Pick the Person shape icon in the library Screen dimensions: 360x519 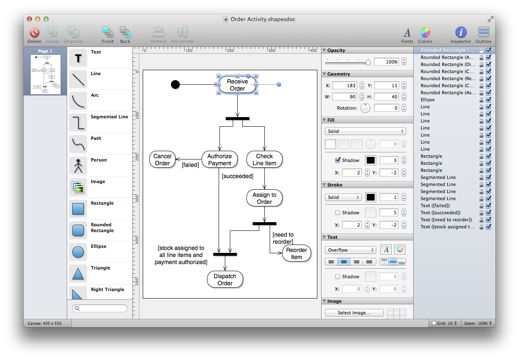click(78, 165)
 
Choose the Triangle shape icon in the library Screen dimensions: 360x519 click(78, 273)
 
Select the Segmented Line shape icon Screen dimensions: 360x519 click(78, 122)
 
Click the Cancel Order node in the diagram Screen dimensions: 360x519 click(162, 160)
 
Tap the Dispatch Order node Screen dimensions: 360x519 click(225, 279)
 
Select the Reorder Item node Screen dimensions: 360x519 click(296, 254)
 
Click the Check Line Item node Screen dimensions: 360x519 click(264, 160)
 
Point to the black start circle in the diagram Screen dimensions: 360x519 click(175, 85)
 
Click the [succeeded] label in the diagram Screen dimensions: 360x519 click(237, 176)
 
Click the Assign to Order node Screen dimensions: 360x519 click(264, 198)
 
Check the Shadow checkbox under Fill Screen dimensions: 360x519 click(338, 160)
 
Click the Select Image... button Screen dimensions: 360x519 click(353, 313)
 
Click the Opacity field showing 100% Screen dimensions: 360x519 click(386, 62)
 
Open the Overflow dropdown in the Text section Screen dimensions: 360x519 click(350, 250)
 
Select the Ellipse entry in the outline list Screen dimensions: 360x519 click(427, 100)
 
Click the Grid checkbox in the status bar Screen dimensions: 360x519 click(434, 323)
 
